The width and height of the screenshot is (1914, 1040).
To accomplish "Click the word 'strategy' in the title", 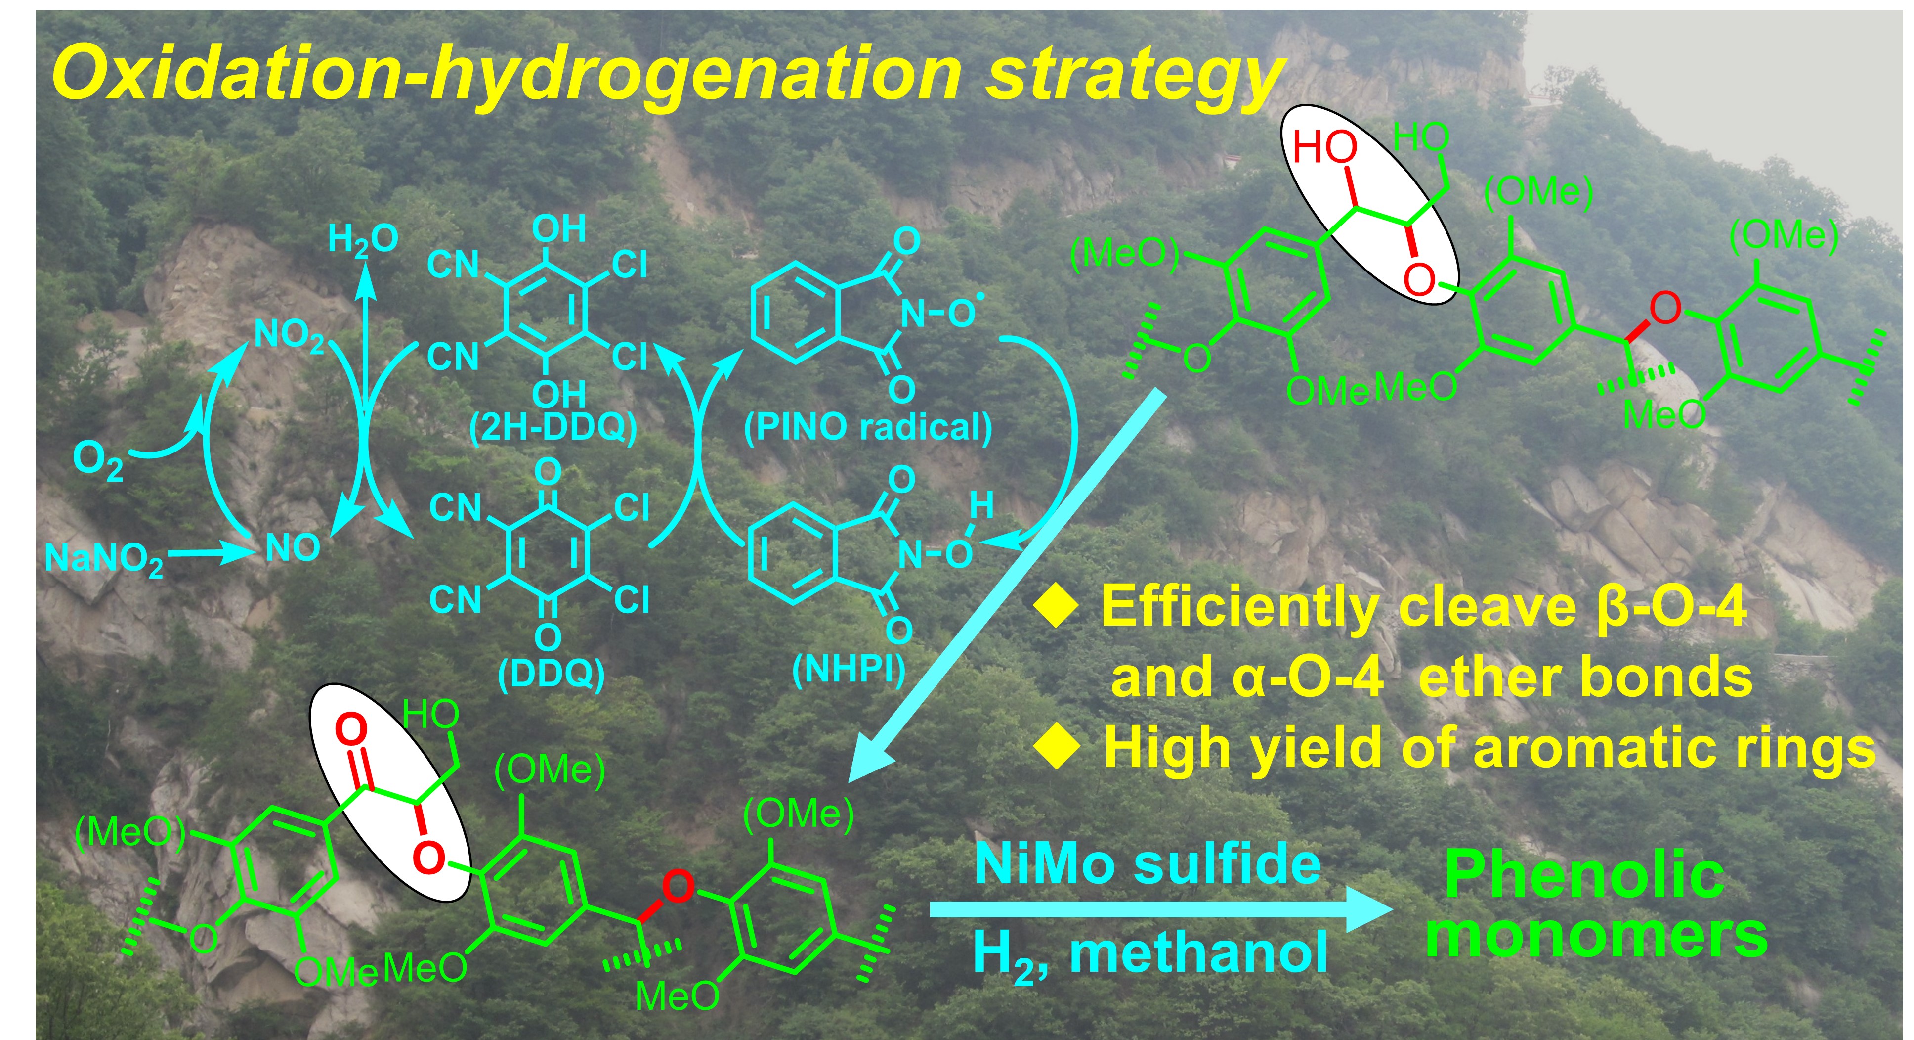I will click(1133, 74).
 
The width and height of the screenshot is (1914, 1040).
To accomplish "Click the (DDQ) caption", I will click(552, 674).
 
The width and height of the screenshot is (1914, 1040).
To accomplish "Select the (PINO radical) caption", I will click(868, 427).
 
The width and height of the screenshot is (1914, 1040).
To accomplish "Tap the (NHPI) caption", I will click(849, 669).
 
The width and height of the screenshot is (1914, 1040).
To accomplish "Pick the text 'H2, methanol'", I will click(1150, 954).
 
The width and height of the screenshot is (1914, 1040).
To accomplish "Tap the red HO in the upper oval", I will click(1325, 147).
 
